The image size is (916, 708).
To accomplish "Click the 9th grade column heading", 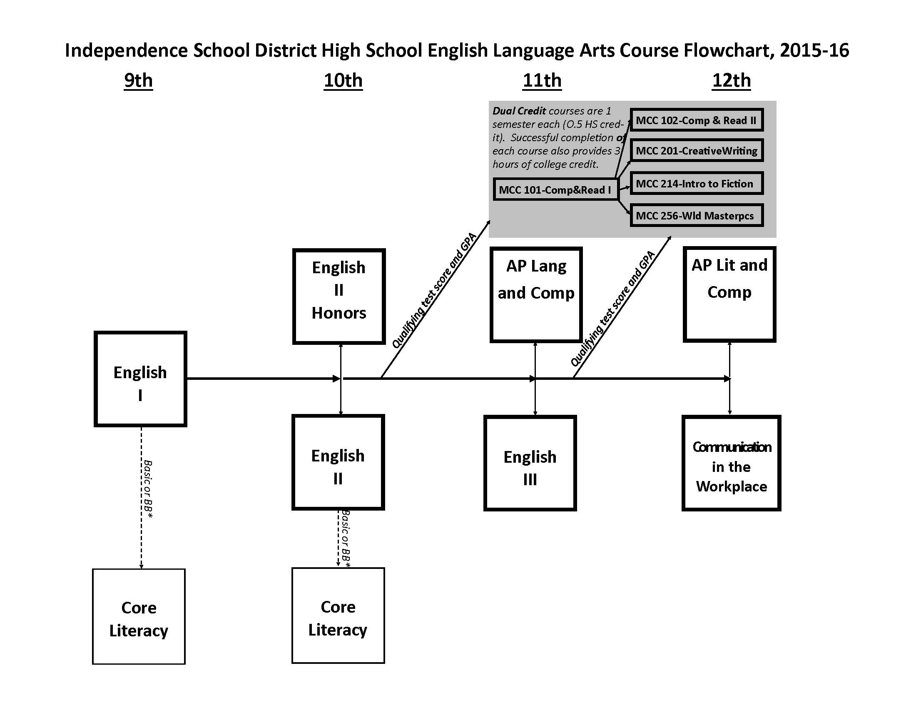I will click(x=138, y=80).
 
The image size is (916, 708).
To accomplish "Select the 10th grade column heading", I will click(x=343, y=80).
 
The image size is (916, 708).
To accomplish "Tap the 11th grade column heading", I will click(x=542, y=80).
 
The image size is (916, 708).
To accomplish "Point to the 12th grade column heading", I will click(x=732, y=80).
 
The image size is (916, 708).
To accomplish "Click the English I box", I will click(x=140, y=379).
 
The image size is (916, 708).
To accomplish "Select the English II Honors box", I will click(x=339, y=296).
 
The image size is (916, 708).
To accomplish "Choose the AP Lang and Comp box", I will click(x=536, y=294).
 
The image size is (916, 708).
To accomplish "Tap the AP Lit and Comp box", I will click(x=729, y=294).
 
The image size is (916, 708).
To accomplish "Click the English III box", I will click(x=530, y=463).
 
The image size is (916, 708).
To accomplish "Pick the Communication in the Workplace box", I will click(x=732, y=463).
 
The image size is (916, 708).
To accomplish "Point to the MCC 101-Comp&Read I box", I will click(x=555, y=189).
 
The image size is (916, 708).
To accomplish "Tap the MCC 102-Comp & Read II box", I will click(x=696, y=120).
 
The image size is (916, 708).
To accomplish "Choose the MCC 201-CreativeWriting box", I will click(x=696, y=151).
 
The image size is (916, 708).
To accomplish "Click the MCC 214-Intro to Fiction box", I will click(x=696, y=183).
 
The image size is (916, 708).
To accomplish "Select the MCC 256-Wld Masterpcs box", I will click(x=696, y=216).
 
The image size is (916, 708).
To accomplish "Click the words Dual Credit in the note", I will click(x=519, y=111).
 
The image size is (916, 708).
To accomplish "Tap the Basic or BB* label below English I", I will click(x=148, y=489).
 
